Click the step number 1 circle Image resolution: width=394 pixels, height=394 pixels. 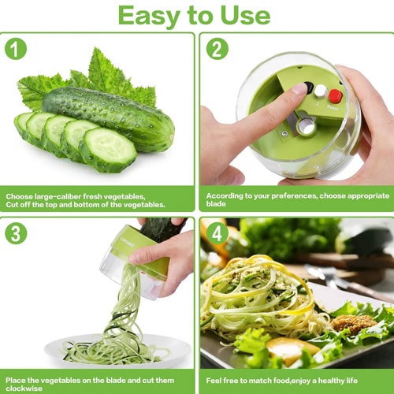point(16,49)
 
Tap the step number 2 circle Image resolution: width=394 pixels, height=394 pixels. point(217,49)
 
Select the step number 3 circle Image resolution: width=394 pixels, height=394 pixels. point(16,233)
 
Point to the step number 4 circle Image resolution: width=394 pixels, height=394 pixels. point(217,233)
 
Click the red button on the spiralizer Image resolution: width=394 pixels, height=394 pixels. point(336,96)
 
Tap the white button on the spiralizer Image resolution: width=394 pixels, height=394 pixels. point(321,91)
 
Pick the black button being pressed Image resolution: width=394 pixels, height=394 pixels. point(309,87)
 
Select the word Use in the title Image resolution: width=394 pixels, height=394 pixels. point(245,15)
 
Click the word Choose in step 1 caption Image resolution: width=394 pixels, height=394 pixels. point(19,196)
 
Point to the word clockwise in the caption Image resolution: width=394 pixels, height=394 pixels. point(24,388)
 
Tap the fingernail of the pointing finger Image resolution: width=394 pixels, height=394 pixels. point(299,88)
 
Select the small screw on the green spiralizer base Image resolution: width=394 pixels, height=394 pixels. point(284,134)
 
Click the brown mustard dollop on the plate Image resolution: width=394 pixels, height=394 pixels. point(351,323)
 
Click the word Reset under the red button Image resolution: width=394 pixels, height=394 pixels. point(333,107)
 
